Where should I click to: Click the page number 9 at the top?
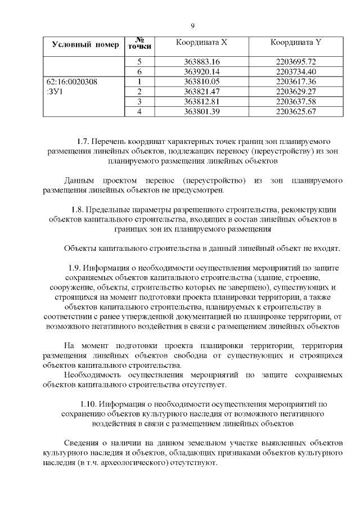click(x=192, y=26)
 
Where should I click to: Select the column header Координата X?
click(x=202, y=43)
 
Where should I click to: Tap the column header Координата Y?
click(x=296, y=43)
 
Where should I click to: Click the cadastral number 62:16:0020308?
click(x=71, y=82)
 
